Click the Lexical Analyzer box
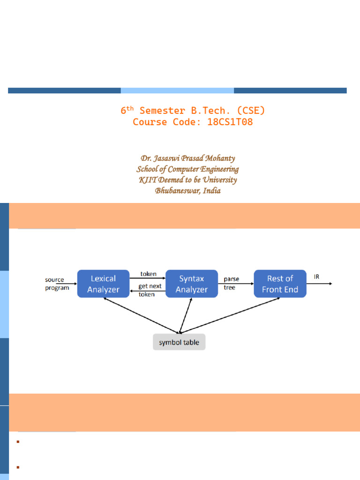[103, 284]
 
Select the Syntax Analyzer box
[192, 284]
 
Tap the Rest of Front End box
[280, 284]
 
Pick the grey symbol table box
[179, 342]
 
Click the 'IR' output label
[317, 277]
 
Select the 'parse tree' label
[231, 283]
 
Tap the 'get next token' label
[149, 290]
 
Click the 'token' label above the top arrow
[149, 274]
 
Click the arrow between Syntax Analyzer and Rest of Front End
[236, 284]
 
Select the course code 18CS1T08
[230, 122]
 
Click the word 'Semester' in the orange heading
[162, 111]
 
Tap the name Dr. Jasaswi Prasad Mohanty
[188, 158]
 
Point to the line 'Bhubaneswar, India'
[188, 191]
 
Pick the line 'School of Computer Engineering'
[188, 169]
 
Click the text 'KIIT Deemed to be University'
[188, 180]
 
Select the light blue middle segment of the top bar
[177, 90]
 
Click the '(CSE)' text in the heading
[251, 111]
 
